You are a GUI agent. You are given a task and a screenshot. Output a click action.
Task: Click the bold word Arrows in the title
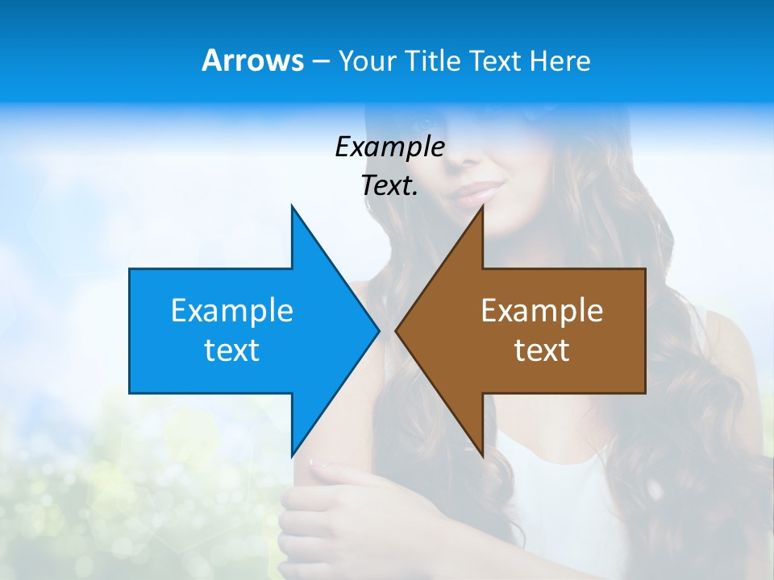coord(252,60)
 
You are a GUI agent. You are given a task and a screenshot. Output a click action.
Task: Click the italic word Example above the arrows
coord(389,147)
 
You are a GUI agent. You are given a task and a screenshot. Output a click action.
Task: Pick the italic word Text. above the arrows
coord(389,185)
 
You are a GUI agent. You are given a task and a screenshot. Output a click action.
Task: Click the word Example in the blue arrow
coord(232,310)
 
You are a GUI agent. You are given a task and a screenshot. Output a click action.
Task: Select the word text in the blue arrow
coord(232,350)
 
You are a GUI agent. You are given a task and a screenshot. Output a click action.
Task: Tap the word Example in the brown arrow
coord(542,310)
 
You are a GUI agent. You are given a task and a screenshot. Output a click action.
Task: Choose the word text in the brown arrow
coord(542,350)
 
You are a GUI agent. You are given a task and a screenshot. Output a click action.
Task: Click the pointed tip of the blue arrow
coord(378,330)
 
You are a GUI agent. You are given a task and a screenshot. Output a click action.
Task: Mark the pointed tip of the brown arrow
coord(396,330)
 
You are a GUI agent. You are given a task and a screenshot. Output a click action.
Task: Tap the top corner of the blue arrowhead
coord(292,206)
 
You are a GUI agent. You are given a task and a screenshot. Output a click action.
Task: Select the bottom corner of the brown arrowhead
coord(482,456)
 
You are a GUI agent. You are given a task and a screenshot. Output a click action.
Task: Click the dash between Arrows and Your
coord(320,61)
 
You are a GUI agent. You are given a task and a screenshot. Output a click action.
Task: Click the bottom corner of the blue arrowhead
coord(292,456)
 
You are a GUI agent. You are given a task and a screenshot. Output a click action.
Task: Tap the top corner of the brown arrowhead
coord(482,206)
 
